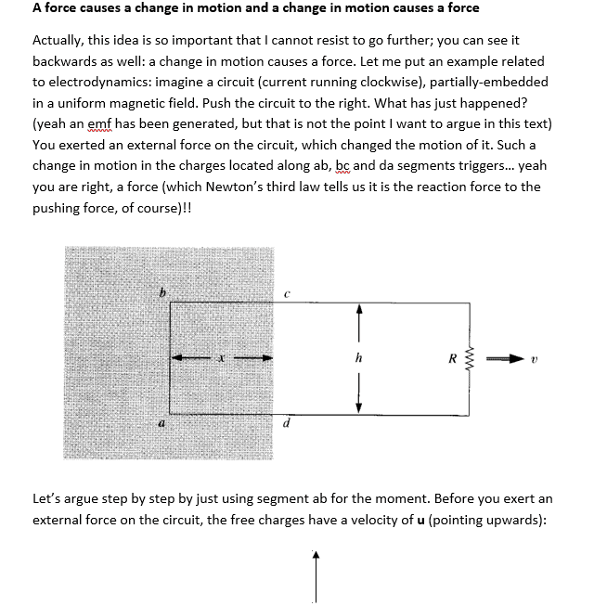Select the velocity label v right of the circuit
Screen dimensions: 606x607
point(533,358)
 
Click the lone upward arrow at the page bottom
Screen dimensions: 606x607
point(316,575)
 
